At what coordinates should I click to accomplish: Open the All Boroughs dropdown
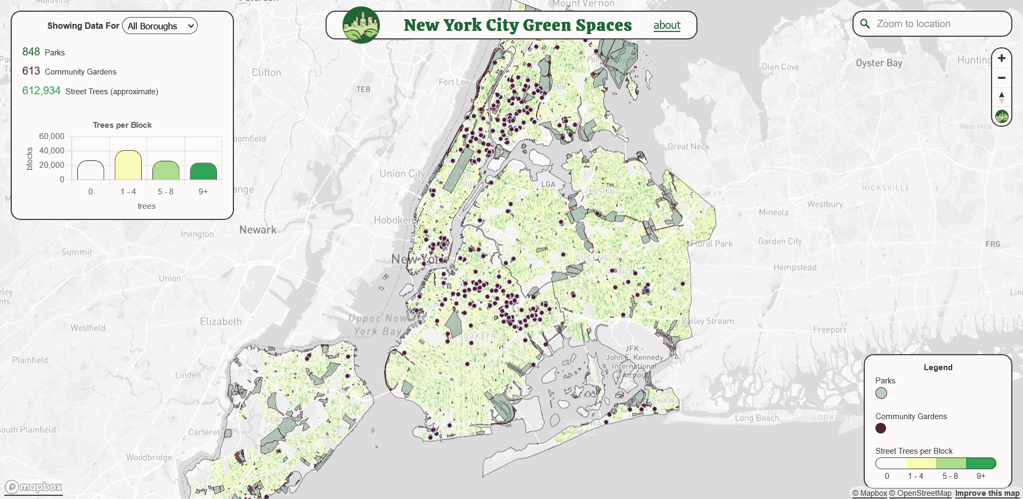(159, 26)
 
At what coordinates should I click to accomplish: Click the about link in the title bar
(667, 25)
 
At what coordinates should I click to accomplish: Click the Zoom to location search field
(938, 24)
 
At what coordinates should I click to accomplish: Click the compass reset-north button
(1001, 97)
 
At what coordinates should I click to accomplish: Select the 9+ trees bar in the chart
(203, 171)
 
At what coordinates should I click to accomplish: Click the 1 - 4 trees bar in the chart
(128, 165)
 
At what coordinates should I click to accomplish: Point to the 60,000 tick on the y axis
(52, 136)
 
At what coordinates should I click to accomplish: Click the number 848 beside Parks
(31, 52)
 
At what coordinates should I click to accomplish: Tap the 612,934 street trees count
(41, 91)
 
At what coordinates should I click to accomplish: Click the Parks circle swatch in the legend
(881, 393)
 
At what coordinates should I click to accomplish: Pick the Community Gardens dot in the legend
(880, 428)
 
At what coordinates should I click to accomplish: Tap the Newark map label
(258, 230)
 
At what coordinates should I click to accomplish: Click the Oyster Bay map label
(879, 63)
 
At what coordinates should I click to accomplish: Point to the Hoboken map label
(394, 220)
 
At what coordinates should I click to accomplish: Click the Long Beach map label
(757, 418)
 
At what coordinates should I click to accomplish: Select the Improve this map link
(987, 493)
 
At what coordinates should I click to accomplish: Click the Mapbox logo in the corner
(34, 487)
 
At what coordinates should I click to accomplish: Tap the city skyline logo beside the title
(361, 25)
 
